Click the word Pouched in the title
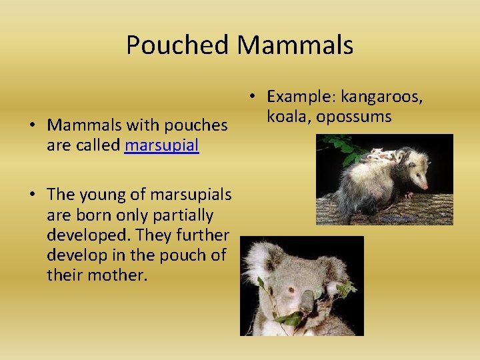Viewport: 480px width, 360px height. click(178, 45)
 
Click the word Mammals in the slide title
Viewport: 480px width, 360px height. click(295, 45)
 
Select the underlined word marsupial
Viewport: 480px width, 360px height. click(162, 145)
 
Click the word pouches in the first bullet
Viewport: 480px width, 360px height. click(196, 125)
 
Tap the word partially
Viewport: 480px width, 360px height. click(181, 215)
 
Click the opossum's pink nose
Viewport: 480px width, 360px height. click(425, 185)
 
